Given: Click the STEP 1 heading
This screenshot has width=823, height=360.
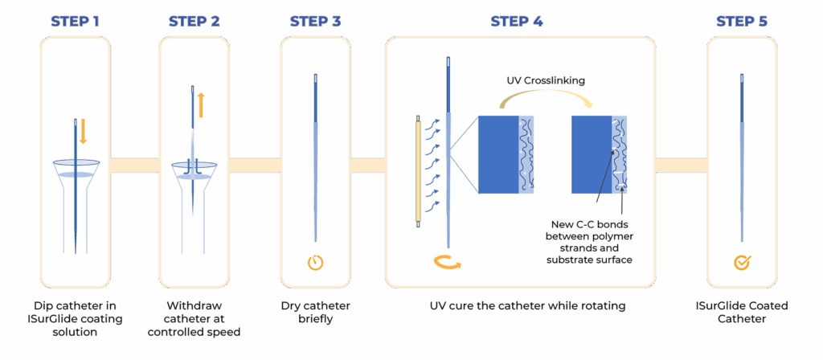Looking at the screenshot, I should coord(75,22).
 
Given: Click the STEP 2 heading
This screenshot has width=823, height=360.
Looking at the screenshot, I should coord(194,22).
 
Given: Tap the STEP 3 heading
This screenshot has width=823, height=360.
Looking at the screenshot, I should coord(314,22).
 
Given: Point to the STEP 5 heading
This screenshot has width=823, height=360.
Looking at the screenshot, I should coord(741,22).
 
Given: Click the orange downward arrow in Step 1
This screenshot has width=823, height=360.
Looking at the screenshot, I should coord(83,131).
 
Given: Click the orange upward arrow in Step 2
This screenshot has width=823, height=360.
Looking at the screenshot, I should coord(201,104).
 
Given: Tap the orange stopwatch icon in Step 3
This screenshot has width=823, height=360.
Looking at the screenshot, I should coord(315,263).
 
